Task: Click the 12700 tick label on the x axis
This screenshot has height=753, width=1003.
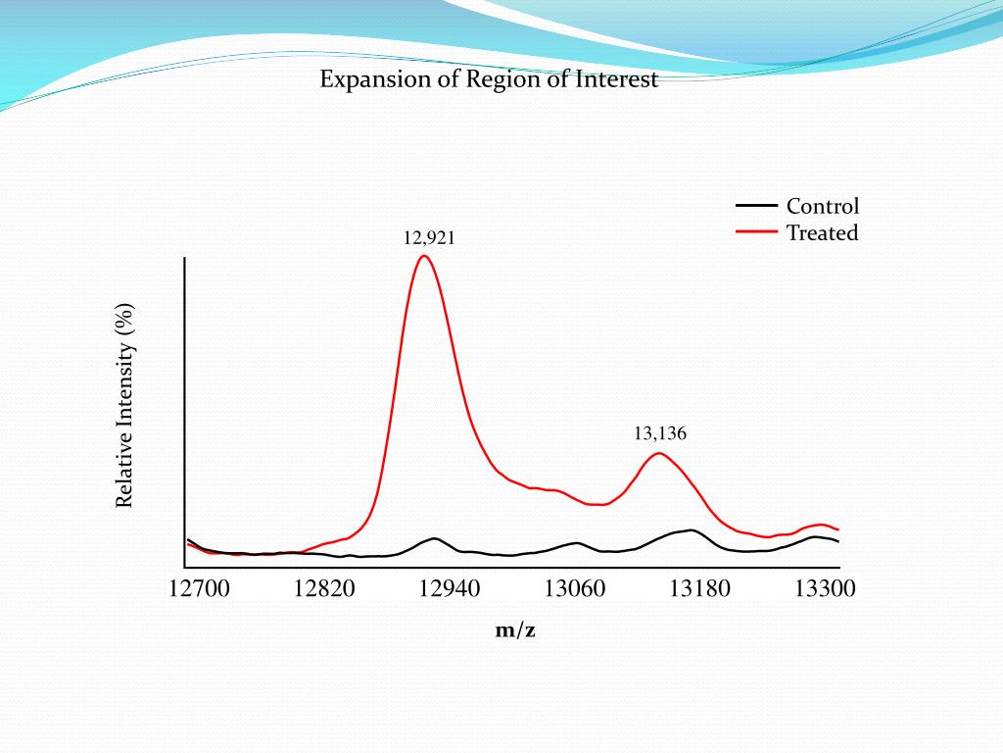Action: point(200,588)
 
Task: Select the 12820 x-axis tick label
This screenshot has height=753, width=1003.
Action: point(325,588)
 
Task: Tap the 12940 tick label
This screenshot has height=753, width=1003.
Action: point(450,588)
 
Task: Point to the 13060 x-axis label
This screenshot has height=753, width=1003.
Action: point(575,588)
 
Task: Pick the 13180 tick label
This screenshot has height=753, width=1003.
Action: point(699,588)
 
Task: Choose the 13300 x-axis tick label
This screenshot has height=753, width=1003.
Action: point(825,588)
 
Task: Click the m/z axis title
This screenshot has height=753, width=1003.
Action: point(515,630)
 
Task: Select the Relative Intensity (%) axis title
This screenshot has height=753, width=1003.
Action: point(124,406)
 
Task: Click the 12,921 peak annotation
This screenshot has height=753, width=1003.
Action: point(429,237)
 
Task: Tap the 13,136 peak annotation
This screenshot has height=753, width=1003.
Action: point(660,433)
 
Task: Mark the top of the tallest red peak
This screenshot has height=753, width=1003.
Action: point(423,256)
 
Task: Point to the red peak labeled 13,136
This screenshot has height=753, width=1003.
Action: point(659,453)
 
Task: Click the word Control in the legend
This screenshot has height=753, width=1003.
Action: point(823,206)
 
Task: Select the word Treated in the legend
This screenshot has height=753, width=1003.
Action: point(822,233)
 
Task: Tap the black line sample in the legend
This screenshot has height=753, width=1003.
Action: point(756,205)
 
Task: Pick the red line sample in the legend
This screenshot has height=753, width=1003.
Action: point(756,232)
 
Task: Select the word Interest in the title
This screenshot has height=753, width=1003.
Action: point(618,79)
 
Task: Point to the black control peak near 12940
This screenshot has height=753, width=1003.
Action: point(433,538)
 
